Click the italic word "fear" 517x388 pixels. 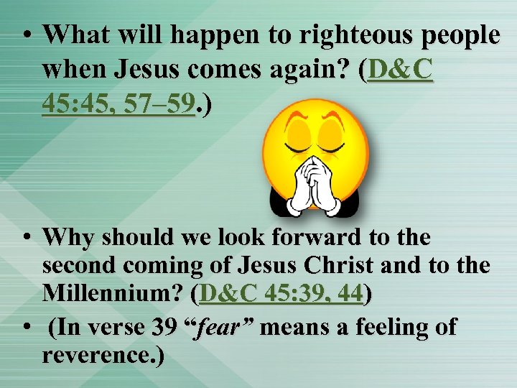point(225,327)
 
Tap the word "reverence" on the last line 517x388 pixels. point(98,356)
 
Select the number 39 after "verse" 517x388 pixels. point(169,327)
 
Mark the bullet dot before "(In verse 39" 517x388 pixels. point(25,327)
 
